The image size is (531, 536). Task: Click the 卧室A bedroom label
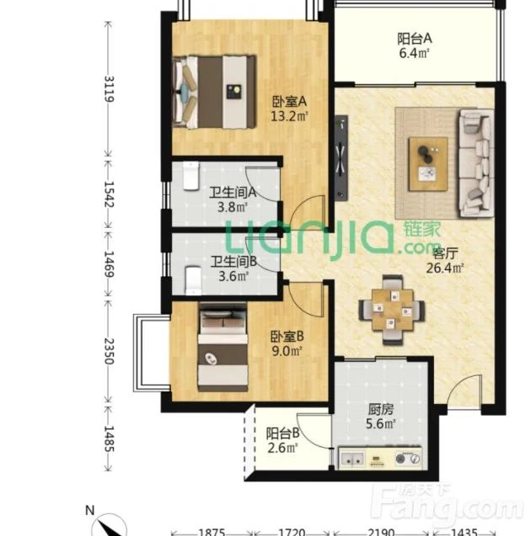[x=289, y=102]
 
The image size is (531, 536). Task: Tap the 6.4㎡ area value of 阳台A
[x=414, y=53]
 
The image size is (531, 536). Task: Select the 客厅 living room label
[x=445, y=253]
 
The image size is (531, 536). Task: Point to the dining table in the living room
[x=392, y=310]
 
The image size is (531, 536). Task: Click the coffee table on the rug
[x=428, y=164]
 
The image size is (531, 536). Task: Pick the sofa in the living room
[x=476, y=162]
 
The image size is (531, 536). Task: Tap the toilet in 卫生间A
[x=190, y=176]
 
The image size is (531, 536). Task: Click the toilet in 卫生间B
[x=193, y=281]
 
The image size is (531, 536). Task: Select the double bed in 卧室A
[x=215, y=92]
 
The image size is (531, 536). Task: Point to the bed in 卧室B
[x=223, y=347]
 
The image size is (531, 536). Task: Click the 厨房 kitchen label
[x=381, y=409]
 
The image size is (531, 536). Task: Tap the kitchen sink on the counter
[x=352, y=459]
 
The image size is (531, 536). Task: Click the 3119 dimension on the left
[x=109, y=89]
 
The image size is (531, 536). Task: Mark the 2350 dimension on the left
[x=109, y=351]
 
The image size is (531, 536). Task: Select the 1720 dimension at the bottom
[x=291, y=533]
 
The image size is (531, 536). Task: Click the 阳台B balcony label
[x=283, y=433]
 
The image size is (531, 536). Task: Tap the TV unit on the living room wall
[x=341, y=157]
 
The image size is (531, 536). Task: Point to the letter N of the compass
[x=89, y=511]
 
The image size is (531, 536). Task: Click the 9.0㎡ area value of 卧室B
[x=287, y=351]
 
